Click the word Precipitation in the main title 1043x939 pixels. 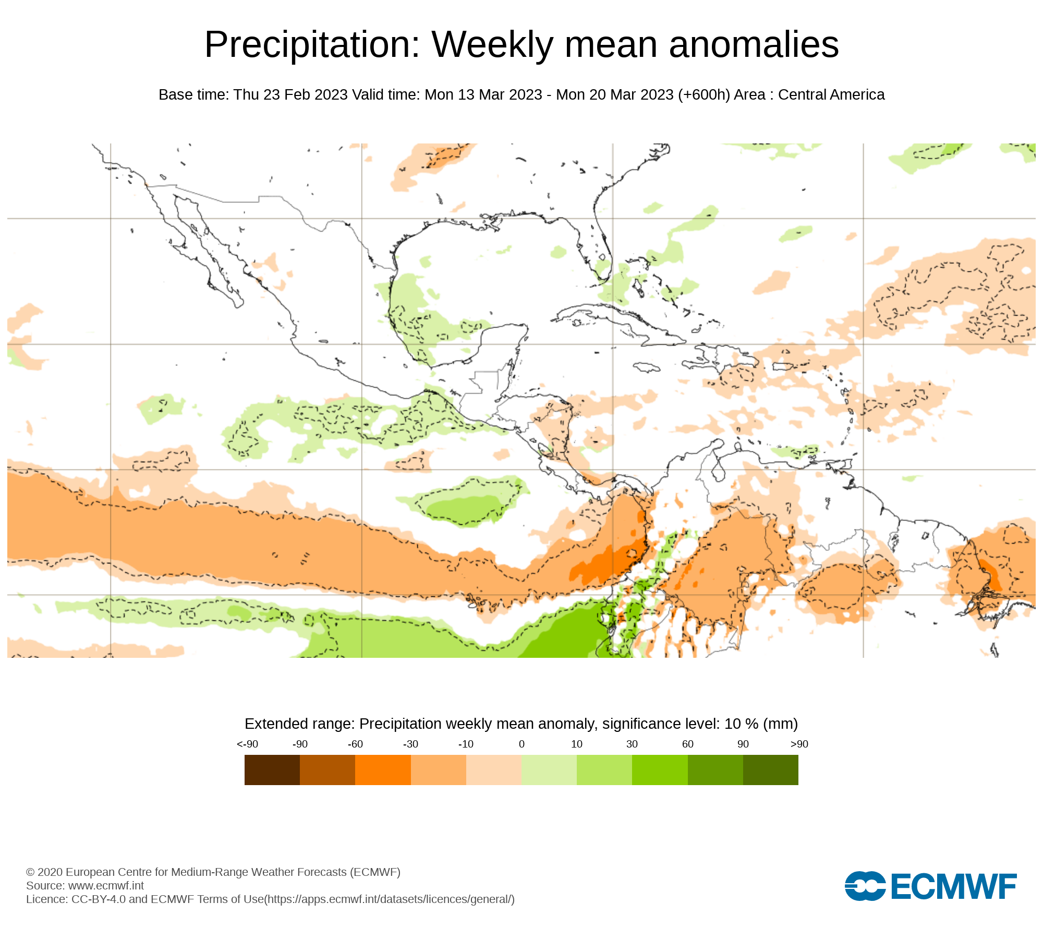[x=312, y=45]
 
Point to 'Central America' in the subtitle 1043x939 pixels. [x=831, y=95]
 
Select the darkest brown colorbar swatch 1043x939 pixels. [x=272, y=770]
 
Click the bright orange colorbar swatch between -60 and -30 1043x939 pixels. [x=383, y=770]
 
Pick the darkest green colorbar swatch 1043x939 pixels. [x=770, y=770]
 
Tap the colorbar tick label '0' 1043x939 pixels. [x=521, y=744]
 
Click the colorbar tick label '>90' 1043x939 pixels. [x=799, y=744]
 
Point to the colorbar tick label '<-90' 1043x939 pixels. [x=247, y=744]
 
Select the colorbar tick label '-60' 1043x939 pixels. [x=355, y=744]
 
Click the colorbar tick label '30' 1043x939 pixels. [x=632, y=744]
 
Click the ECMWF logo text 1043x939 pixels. [x=953, y=886]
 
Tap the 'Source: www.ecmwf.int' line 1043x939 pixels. [x=85, y=886]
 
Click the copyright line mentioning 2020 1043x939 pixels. [x=213, y=872]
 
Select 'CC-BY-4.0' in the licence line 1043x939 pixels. [x=99, y=899]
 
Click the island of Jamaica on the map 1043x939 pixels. [x=647, y=368]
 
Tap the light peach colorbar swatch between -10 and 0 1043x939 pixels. [x=493, y=770]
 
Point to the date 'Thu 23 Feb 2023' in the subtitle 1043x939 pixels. [x=290, y=95]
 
